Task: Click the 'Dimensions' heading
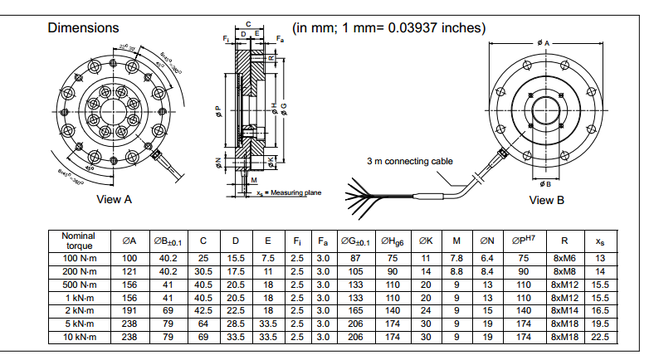(83, 27)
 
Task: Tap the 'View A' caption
(115, 199)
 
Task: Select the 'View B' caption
(547, 200)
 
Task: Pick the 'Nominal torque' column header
(79, 241)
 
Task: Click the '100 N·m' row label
(79, 259)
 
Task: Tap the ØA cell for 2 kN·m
(129, 310)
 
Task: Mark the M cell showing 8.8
(456, 271)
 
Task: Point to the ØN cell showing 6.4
(487, 259)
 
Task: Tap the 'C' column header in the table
(203, 241)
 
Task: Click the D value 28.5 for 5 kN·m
(236, 324)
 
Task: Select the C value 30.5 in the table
(203, 271)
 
